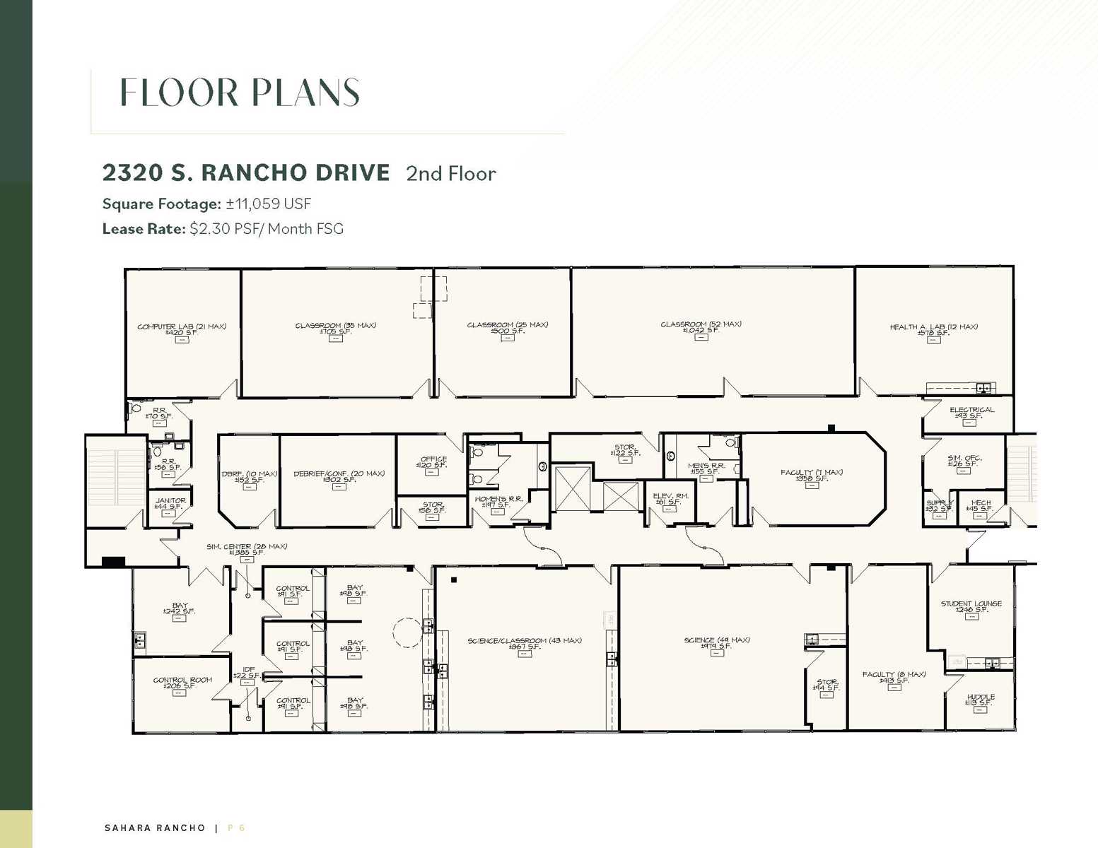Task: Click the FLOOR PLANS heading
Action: (240, 93)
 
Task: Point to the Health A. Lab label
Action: (933, 329)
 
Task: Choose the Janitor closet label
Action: (170, 503)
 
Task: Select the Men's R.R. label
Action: (706, 469)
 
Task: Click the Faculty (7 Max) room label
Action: (811, 475)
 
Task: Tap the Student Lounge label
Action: (971, 606)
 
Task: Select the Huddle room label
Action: (980, 700)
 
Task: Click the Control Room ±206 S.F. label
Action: (182, 683)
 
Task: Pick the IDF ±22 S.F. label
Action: (247, 673)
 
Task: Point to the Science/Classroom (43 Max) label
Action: (524, 643)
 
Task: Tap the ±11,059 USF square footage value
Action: (269, 204)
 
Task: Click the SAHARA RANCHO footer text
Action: (155, 828)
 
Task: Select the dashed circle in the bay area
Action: (407, 632)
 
